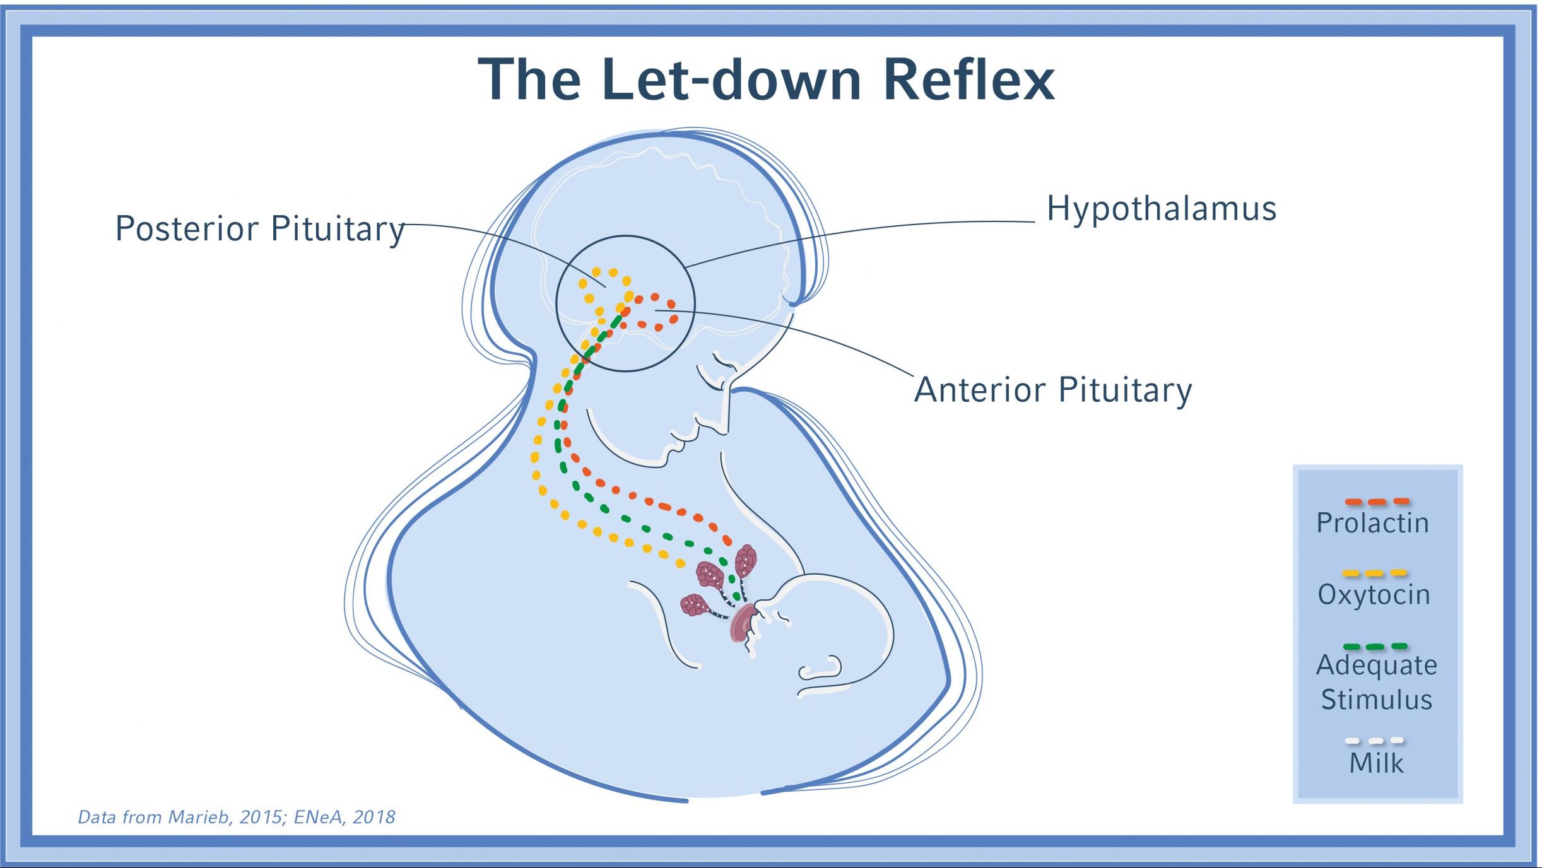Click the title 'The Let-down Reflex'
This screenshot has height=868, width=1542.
[766, 80]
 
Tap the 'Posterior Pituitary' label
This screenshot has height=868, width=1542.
[259, 228]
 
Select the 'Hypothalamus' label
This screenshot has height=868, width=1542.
[1162, 209]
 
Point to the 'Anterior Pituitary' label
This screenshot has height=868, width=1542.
[1053, 390]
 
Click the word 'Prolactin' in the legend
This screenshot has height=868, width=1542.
[1372, 523]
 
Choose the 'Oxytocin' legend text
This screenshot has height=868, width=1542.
[1374, 594]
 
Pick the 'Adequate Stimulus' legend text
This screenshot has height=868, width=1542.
[1376, 682]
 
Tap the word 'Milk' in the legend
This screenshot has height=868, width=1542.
[1376, 763]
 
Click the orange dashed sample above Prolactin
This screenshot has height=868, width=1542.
[1377, 502]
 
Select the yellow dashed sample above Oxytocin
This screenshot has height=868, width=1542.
[1374, 573]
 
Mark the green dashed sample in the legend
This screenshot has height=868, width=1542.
[1375, 647]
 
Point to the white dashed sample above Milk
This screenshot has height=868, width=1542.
[1374, 741]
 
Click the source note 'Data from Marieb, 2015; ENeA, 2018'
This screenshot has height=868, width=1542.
[237, 818]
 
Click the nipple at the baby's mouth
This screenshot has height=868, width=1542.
[743, 622]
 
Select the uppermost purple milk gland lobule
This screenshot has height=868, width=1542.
[746, 560]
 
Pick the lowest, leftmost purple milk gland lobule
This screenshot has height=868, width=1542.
[695, 605]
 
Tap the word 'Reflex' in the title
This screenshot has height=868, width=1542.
[968, 80]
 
